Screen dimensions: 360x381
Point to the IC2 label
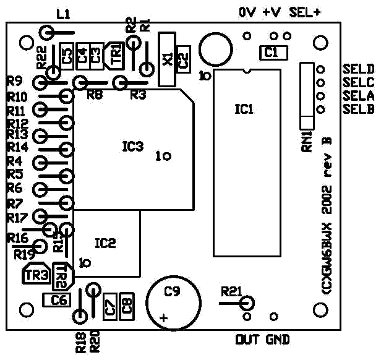pyautogui.click(x=105, y=242)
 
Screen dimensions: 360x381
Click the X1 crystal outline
pyautogui.click(x=166, y=59)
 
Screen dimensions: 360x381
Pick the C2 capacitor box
pyautogui.click(x=183, y=59)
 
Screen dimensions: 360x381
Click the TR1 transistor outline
pyautogui.click(x=115, y=53)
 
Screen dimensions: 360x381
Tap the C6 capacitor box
pyautogui.click(x=59, y=300)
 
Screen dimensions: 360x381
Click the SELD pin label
pyautogui.click(x=357, y=69)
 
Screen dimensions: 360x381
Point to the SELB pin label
pyautogui.click(x=357, y=109)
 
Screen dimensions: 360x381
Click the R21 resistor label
pyautogui.click(x=231, y=291)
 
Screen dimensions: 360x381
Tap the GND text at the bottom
pyautogui.click(x=277, y=340)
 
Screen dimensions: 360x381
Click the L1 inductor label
pyautogui.click(x=63, y=14)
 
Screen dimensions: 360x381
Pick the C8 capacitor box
pyautogui.click(x=127, y=305)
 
